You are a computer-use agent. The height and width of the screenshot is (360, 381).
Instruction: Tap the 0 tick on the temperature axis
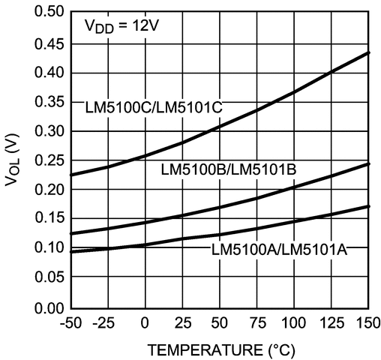click(145, 323)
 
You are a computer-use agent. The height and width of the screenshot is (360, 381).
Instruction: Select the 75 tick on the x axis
click(256, 323)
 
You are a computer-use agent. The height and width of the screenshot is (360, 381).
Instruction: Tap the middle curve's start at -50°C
click(70, 234)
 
